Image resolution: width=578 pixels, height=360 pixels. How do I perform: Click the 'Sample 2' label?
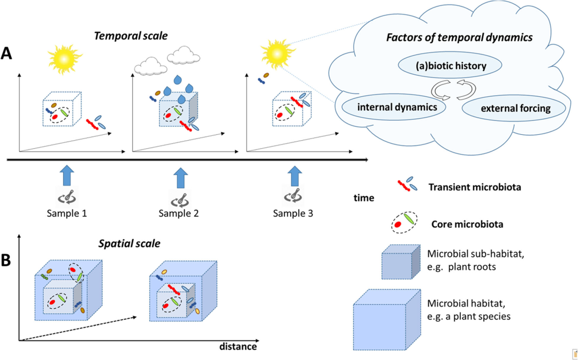(179, 214)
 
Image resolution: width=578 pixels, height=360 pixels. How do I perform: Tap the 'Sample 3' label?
(292, 213)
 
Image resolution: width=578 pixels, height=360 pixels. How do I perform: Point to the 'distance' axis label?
(238, 347)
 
